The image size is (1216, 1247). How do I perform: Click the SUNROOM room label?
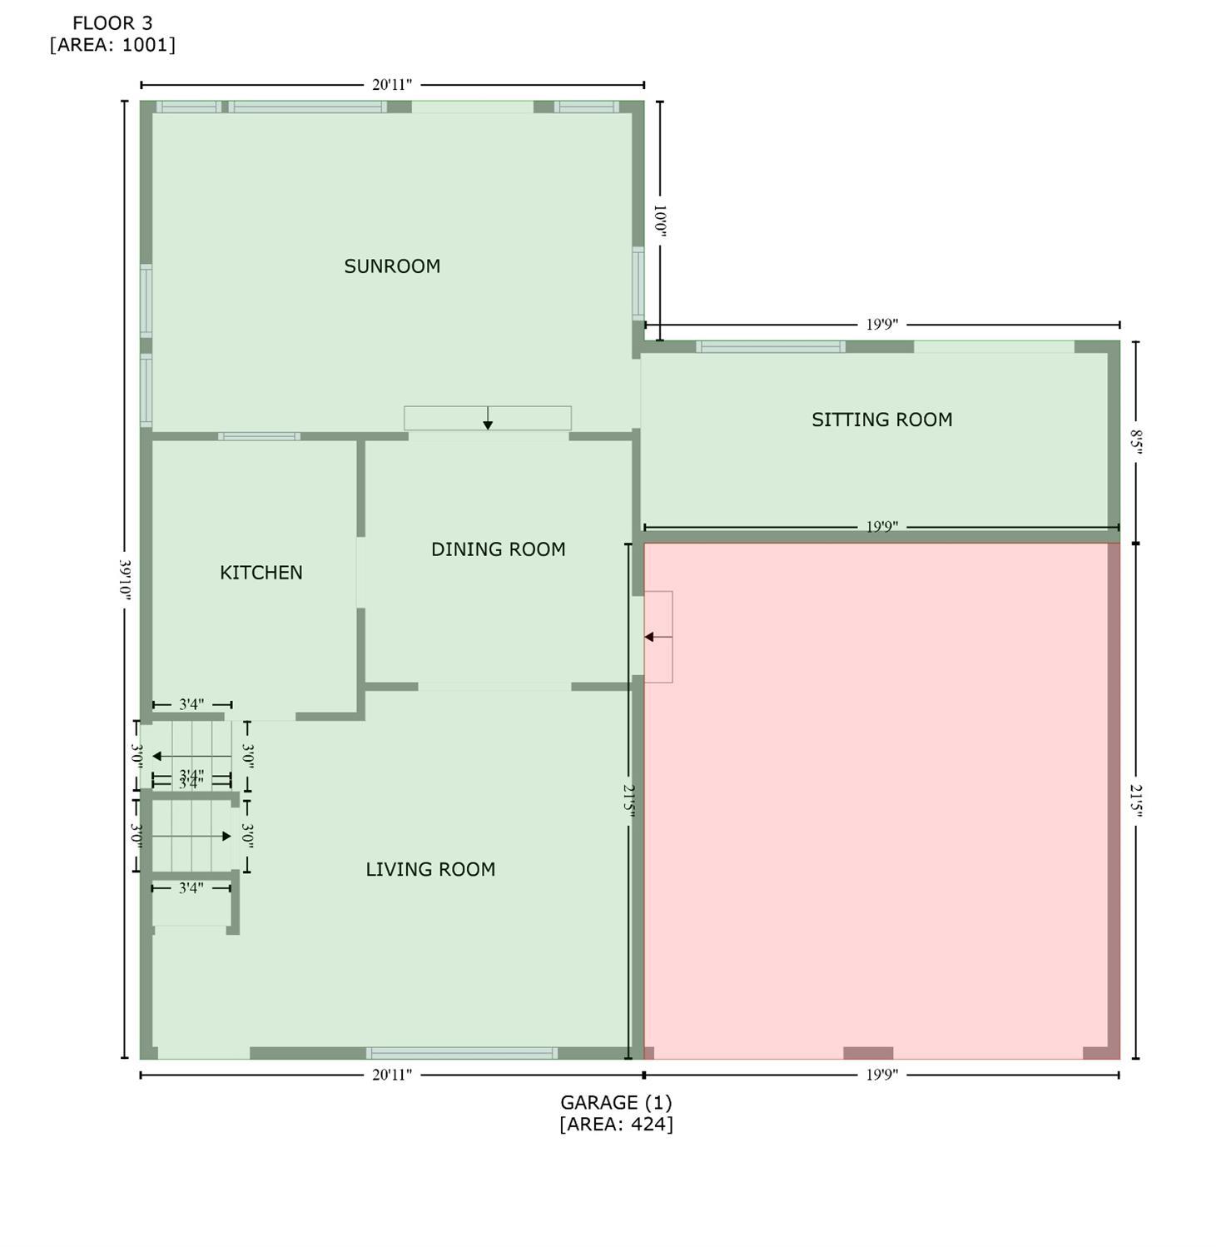click(x=392, y=266)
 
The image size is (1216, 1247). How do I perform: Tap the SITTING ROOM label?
click(x=881, y=420)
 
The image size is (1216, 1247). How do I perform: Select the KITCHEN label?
click(x=261, y=573)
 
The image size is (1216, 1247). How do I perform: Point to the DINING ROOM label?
click(x=498, y=549)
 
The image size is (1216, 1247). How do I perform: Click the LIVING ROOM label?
click(x=430, y=869)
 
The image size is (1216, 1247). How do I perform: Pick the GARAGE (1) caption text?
click(x=615, y=1102)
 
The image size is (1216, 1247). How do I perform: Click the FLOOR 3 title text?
click(x=112, y=23)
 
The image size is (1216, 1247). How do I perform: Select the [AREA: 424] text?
click(x=615, y=1124)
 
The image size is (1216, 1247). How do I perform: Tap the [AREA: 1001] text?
click(x=112, y=45)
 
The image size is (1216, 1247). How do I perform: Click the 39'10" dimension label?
click(x=126, y=579)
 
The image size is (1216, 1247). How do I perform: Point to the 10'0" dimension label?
click(x=660, y=221)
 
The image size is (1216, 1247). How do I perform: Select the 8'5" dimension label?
click(x=1135, y=440)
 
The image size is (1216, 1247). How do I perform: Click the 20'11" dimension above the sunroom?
click(x=391, y=85)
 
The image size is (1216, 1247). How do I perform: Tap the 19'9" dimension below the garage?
click(x=881, y=1075)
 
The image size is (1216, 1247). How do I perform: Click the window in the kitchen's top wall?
click(x=259, y=436)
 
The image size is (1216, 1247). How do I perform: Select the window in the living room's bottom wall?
click(x=462, y=1053)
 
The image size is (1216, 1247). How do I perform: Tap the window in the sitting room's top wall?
click(x=771, y=347)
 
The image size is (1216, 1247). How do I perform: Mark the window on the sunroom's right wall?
click(x=638, y=283)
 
